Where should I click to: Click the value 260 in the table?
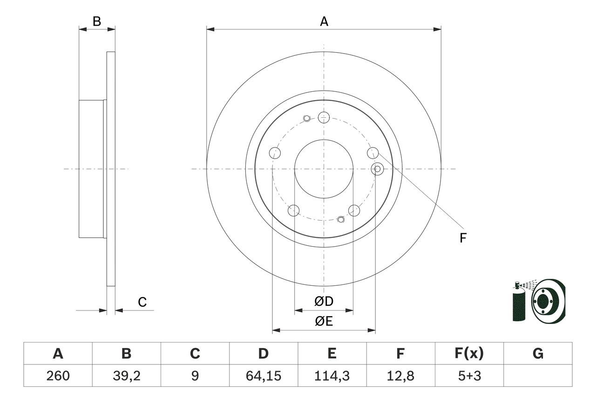58,376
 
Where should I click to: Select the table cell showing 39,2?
126,376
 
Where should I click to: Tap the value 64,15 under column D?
263,376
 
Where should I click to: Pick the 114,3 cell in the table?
332,376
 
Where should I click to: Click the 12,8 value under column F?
400,376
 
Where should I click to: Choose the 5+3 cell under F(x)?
469,376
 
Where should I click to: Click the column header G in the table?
538,354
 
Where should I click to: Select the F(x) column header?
469,354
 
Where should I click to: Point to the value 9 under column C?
195,376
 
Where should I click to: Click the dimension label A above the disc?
324,21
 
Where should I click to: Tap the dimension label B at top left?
96,21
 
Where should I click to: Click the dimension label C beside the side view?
142,302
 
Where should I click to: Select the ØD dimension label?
324,302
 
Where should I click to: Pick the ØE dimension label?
324,322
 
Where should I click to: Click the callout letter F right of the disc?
462,238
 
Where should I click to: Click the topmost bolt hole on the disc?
324,117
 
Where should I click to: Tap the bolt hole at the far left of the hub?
275,153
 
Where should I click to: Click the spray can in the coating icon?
518,305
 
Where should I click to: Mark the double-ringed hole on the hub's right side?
378,168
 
